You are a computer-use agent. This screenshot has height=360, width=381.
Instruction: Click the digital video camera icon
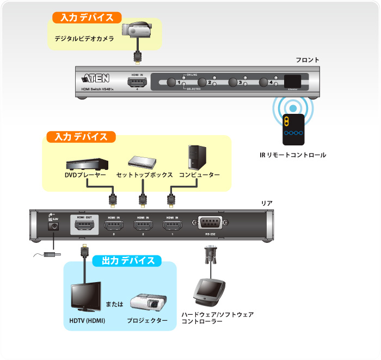pyautogui.click(x=134, y=32)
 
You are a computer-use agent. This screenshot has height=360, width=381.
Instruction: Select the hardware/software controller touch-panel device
pyautogui.click(x=209, y=291)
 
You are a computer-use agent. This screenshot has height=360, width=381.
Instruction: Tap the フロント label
pyautogui.click(x=307, y=59)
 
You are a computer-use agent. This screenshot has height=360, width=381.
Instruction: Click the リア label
pyautogui.click(x=267, y=203)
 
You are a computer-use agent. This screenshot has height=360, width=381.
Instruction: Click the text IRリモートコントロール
pyautogui.click(x=293, y=155)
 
